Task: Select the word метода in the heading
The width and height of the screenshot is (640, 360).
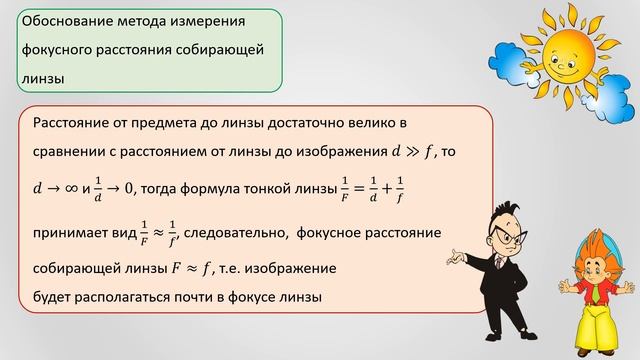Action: (140, 20)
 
